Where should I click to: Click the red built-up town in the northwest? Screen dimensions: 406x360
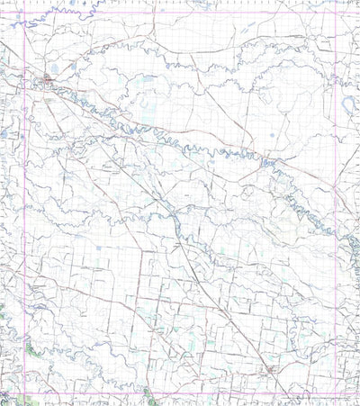(x=47, y=81)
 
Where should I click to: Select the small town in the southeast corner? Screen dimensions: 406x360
(x=267, y=370)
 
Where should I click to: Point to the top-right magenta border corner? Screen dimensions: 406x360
(x=335, y=14)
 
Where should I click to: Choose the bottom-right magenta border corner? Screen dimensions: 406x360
(x=335, y=393)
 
